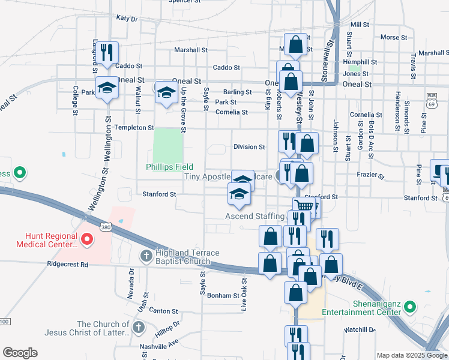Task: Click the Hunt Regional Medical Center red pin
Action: tap(87, 240)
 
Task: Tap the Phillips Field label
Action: tap(163, 167)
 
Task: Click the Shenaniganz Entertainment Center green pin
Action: tap(410, 307)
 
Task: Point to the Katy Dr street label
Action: tap(127, 19)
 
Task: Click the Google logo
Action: tap(20, 353)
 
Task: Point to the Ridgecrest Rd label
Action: tap(68, 264)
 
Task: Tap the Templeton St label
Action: tap(134, 128)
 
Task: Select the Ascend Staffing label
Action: tap(255, 216)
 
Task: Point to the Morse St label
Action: tap(394, 37)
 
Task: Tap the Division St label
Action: tap(249, 147)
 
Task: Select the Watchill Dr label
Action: tap(359, 330)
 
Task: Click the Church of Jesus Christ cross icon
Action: tap(138, 328)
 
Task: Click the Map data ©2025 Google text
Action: tap(411, 355)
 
